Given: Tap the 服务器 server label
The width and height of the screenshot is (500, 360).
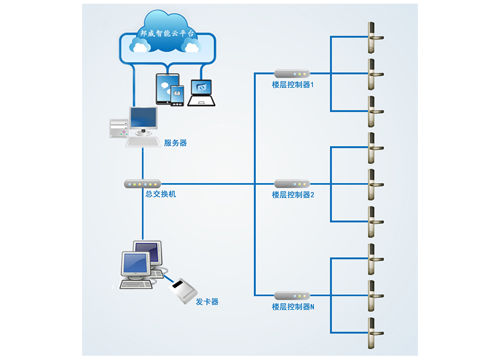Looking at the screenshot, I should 175,143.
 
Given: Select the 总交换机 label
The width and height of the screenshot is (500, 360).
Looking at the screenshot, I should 161,194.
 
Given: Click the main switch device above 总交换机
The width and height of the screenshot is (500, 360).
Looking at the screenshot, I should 142,184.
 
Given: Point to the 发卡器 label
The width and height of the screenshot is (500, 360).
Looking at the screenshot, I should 207,302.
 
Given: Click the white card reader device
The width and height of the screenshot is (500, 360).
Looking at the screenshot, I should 183,290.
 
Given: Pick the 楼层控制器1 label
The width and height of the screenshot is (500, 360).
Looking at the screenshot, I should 293,84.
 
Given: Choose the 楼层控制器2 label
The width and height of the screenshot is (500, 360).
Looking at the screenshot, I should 293,195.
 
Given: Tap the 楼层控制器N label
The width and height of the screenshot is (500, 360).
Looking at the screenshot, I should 293,307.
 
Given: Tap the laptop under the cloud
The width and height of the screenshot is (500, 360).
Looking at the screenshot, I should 201,93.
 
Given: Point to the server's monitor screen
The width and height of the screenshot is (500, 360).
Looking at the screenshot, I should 144,119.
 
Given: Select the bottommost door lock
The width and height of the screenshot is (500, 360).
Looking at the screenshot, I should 372,333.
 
